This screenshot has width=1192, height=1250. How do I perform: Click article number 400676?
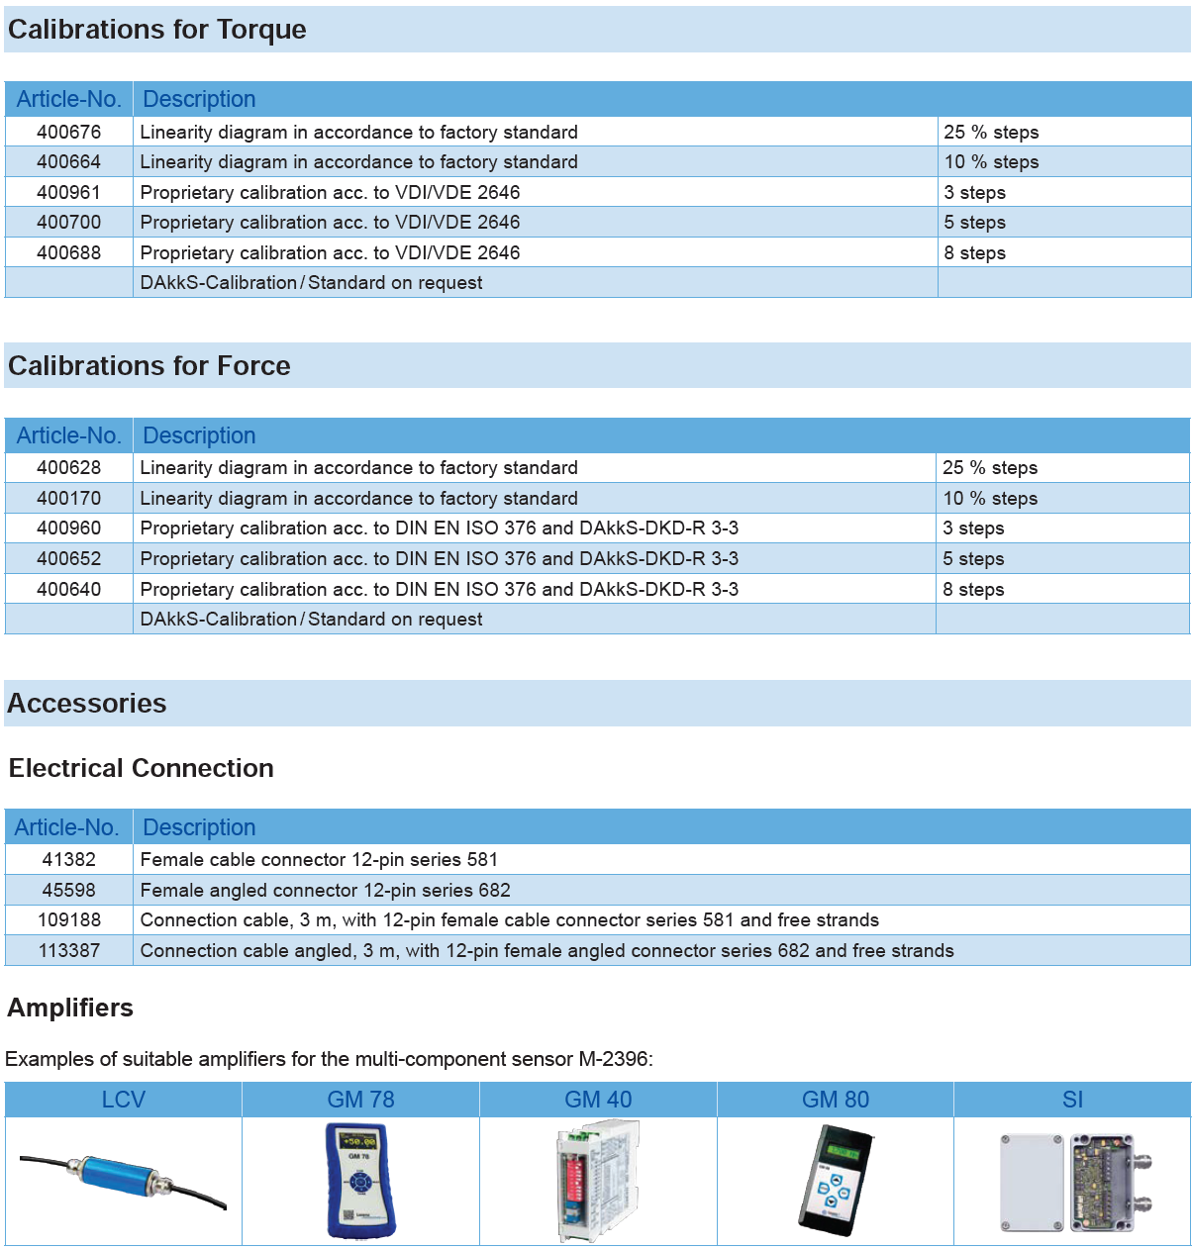pyautogui.click(x=68, y=132)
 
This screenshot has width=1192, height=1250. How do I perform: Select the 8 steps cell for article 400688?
pyautogui.click(x=974, y=252)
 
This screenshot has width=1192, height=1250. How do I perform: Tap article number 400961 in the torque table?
pyautogui.click(x=68, y=192)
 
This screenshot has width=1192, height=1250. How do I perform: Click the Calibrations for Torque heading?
pyautogui.click(x=157, y=30)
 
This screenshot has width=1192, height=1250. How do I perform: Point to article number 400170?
pyautogui.click(x=68, y=498)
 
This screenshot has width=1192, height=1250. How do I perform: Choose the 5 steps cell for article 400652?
pyautogui.click(x=973, y=558)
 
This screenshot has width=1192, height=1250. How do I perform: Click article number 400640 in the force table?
pyautogui.click(x=68, y=589)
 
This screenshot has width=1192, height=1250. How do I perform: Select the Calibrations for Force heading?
pyautogui.click(x=149, y=366)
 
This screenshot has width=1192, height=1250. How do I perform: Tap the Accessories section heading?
pyautogui.click(x=87, y=704)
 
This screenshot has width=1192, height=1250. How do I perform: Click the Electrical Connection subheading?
pyautogui.click(x=142, y=768)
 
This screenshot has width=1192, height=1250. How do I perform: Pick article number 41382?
pyautogui.click(x=68, y=859)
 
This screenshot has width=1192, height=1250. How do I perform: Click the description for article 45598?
pyautogui.click(x=326, y=890)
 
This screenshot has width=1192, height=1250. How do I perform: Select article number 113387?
pyautogui.click(x=68, y=950)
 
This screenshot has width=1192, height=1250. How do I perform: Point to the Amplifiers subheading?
pyautogui.click(x=70, y=1008)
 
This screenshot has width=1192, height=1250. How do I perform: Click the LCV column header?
pyautogui.click(x=123, y=1100)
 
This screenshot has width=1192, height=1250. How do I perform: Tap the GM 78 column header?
pyautogui.click(x=360, y=1100)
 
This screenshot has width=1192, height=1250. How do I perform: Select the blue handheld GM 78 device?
pyautogui.click(x=359, y=1180)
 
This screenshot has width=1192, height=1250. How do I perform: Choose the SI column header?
pyautogui.click(x=1072, y=1100)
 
